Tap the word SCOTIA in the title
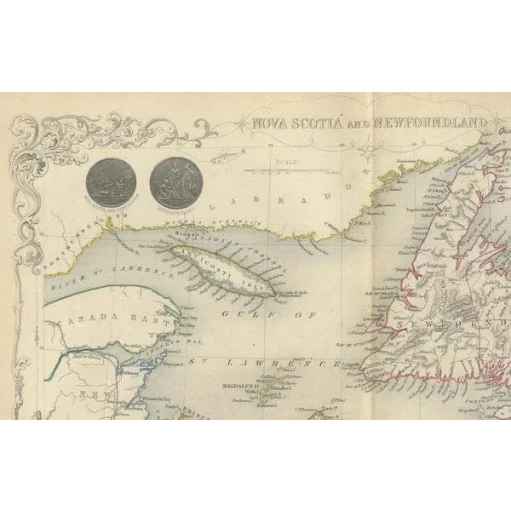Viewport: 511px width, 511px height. tap(319, 123)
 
